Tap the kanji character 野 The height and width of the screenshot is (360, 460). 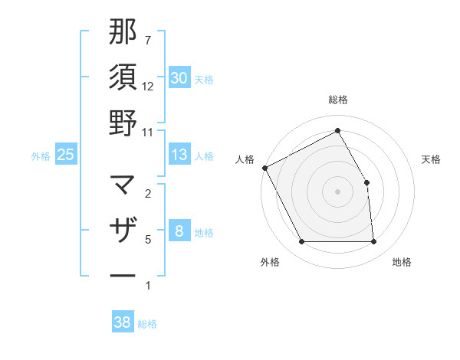tap(123, 123)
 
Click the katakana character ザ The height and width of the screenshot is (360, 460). tap(123, 230)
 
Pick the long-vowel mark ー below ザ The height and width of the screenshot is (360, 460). tap(123, 274)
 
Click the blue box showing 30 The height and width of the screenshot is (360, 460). tap(179, 78)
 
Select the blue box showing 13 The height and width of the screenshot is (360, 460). tap(179, 155)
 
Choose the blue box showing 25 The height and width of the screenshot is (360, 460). tap(65, 155)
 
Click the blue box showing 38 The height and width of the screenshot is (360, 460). tap(123, 322)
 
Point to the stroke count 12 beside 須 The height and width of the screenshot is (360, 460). tap(148, 87)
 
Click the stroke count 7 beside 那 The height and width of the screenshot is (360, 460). tap(148, 39)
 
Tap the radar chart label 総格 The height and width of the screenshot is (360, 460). tap(337, 100)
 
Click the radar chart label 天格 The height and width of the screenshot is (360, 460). tap(432, 159)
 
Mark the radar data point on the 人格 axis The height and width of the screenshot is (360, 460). tap(265, 168)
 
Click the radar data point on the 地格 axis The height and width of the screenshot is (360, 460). tap(373, 242)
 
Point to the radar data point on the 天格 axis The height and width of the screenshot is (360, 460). tap(366, 182)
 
